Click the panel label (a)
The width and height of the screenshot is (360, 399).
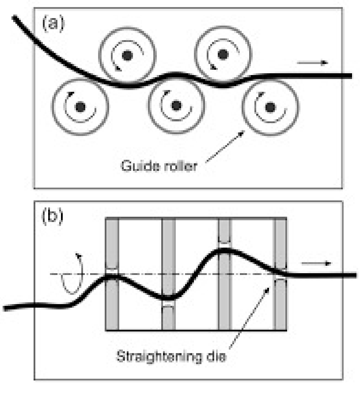53,23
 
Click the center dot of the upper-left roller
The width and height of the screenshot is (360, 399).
127,55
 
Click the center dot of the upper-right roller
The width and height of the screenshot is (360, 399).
224,54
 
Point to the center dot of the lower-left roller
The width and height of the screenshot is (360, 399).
80,107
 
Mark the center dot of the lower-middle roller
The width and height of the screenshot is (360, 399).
176,106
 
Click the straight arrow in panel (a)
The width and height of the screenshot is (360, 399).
312,63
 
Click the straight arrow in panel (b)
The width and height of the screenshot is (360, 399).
316,263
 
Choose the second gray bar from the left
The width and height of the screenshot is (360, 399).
168,247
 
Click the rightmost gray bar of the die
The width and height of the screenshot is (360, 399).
281,247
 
